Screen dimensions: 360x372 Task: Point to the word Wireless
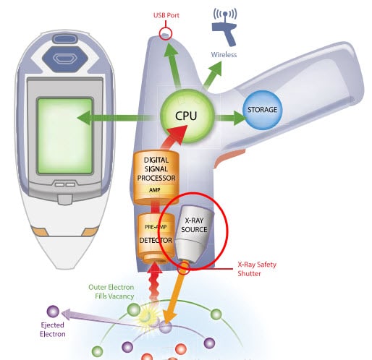[224, 54]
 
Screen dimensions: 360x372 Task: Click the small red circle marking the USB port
[166, 33]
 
